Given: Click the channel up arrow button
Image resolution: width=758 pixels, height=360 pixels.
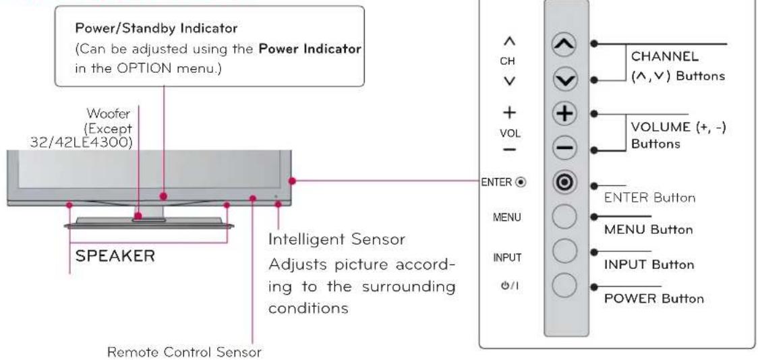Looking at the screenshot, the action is pos(564,44).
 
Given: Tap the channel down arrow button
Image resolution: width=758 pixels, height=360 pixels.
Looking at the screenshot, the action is pos(564,80).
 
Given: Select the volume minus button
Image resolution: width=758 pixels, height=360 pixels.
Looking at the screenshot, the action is pos(564,149).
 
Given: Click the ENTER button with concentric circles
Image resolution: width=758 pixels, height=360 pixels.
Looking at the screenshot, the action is pos(564,183).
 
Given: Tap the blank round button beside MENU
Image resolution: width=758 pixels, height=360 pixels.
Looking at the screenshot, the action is pos(564,217).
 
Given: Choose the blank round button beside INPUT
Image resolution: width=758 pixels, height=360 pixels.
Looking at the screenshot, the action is pos(564,251).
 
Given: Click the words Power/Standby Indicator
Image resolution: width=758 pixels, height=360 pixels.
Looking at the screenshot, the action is pos(156,28).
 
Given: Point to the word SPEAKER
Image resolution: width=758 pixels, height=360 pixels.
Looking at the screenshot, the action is pos(115,256).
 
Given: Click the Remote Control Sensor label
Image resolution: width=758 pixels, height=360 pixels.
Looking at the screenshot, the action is pos(184,352).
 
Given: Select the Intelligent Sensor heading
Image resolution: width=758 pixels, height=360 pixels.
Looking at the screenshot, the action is pos(337,239).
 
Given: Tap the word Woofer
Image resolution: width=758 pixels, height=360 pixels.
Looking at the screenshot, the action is pos(109,115).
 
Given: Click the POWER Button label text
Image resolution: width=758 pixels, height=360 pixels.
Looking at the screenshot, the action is pos(654,298).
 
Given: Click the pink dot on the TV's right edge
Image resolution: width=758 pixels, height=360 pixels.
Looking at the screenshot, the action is pos(292,181).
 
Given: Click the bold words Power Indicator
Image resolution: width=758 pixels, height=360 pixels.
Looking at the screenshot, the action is pos(310,49).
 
